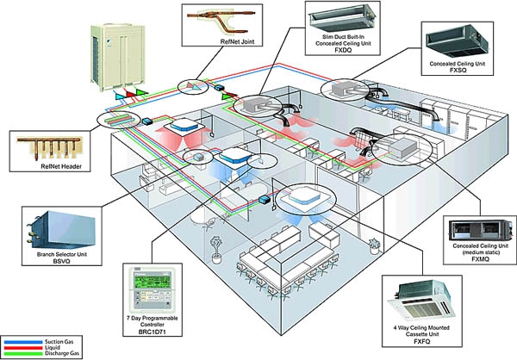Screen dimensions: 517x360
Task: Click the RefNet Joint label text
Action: click(x=238, y=42)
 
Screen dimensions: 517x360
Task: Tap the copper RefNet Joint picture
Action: click(x=221, y=21)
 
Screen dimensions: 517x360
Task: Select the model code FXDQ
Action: click(x=343, y=50)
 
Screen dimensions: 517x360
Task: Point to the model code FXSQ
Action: click(x=458, y=71)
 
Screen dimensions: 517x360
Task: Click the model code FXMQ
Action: click(x=481, y=259)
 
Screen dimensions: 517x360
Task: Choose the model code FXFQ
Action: click(x=422, y=342)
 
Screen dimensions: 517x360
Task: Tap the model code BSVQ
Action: click(x=62, y=261)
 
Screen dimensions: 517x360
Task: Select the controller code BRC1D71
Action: click(x=153, y=332)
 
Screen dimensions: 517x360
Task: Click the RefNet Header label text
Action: click(x=61, y=166)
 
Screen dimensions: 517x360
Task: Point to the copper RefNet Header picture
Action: click(x=49, y=147)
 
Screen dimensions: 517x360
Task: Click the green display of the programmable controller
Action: click(x=153, y=282)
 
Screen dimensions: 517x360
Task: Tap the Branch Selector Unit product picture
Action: click(x=61, y=229)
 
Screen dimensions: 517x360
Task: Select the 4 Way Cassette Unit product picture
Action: click(x=421, y=301)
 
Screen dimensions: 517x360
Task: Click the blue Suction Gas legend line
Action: click(x=23, y=342)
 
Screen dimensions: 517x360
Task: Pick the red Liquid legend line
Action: click(x=23, y=348)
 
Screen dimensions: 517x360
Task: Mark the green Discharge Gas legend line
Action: click(x=23, y=354)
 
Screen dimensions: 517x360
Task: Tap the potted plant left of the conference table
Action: click(x=216, y=249)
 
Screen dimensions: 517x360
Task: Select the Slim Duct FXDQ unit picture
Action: click(x=343, y=17)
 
